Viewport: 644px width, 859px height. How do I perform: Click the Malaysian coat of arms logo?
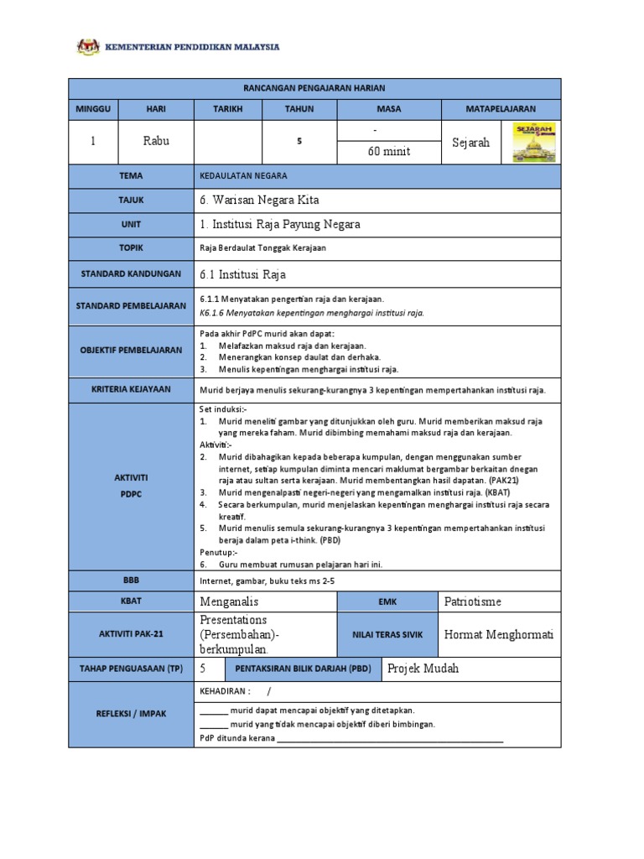click(x=87, y=46)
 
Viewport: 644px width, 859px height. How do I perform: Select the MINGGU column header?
click(x=93, y=109)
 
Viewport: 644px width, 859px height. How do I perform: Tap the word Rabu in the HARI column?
click(x=156, y=141)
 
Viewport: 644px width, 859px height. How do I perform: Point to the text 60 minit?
click(x=386, y=152)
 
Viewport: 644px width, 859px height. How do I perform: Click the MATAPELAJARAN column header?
click(x=501, y=109)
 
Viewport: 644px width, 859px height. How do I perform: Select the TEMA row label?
click(x=131, y=176)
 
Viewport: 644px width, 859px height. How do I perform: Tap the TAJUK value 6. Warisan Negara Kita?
click(x=259, y=200)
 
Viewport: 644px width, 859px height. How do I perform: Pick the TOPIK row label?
click(x=131, y=248)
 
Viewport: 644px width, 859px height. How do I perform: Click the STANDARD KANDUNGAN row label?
click(x=131, y=273)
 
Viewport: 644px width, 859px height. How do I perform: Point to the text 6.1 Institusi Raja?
click(x=243, y=273)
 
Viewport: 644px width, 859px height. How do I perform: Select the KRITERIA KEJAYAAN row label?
click(x=131, y=390)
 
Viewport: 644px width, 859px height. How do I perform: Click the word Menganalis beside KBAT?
click(x=230, y=601)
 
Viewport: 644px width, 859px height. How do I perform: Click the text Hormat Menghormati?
click(x=499, y=634)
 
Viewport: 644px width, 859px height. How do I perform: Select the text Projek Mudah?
click(x=424, y=668)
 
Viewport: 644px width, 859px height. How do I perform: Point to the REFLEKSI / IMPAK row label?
click(x=131, y=713)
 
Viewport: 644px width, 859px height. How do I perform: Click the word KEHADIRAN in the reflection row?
click(x=225, y=691)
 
